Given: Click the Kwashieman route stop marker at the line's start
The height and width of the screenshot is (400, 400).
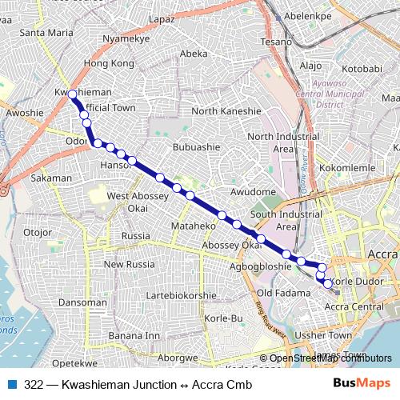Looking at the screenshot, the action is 72,94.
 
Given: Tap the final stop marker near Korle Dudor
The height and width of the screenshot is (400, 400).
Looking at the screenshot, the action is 327,283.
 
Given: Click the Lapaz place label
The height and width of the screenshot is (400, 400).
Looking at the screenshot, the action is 162,18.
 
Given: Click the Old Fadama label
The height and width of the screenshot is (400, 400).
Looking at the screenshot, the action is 277,293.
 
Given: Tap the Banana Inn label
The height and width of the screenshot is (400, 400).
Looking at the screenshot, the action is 134,334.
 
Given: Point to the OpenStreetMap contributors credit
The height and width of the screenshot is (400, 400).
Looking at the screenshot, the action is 325,358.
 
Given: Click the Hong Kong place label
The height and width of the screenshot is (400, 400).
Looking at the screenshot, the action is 109,62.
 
